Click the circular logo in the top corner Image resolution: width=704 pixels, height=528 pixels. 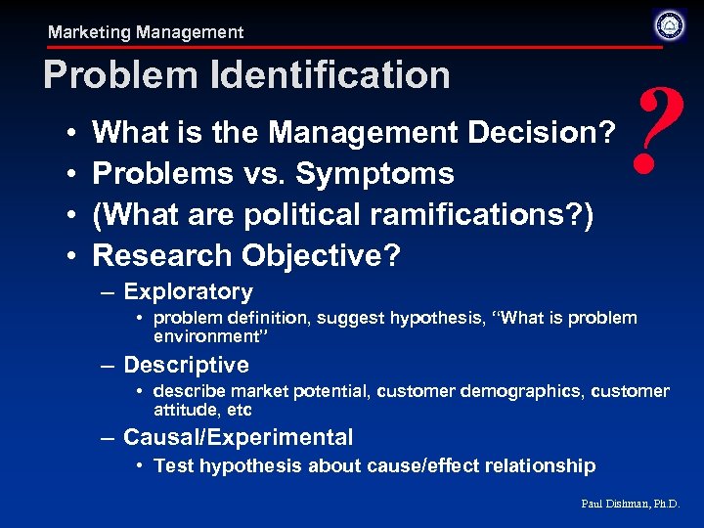[x=670, y=24]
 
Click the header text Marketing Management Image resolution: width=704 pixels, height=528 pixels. [x=146, y=32]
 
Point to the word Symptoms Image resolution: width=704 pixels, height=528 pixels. [x=374, y=173]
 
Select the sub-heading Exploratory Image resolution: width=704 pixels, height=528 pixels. [x=188, y=291]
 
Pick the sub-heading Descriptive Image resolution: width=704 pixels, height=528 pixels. [x=186, y=365]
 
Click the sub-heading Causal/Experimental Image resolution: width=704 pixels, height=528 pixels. [x=238, y=437]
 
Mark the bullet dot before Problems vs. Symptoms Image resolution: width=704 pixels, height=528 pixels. [x=74, y=174]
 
